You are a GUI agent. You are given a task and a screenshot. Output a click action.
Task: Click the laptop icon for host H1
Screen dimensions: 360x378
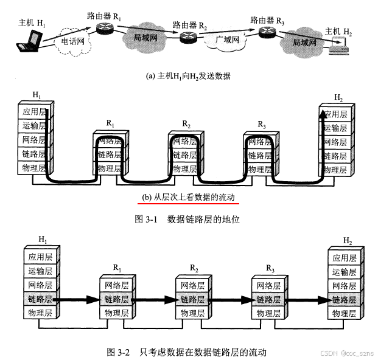pyautogui.click(x=29, y=41)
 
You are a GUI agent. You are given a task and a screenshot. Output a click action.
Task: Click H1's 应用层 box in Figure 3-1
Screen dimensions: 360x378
pyautogui.click(x=35, y=111)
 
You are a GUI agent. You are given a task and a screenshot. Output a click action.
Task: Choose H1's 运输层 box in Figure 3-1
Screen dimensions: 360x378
pyautogui.click(x=35, y=125)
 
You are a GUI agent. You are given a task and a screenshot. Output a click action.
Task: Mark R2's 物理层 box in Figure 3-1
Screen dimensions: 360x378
pyautogui.click(x=185, y=168)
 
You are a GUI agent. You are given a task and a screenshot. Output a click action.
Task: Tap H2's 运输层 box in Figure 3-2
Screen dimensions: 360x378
pyautogui.click(x=345, y=271)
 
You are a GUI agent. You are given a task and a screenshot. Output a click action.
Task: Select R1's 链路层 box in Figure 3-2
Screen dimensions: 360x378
pyautogui.click(x=116, y=299)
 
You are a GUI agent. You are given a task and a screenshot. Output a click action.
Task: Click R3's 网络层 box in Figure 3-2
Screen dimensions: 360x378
pyautogui.click(x=268, y=286)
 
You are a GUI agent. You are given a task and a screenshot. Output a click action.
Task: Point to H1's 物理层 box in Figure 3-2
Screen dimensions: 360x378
pyautogui.click(x=40, y=312)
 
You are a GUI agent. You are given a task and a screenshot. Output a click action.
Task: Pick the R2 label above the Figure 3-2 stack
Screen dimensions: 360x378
pyautogui.click(x=194, y=268)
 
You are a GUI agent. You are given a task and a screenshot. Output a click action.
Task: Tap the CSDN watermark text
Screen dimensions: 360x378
pyautogui.click(x=346, y=353)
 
